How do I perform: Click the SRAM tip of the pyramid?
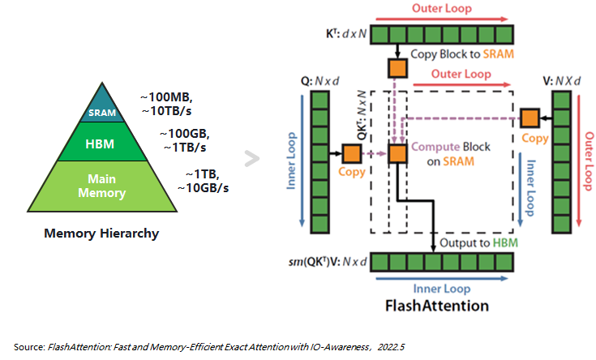tap(102, 112)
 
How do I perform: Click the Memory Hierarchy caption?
tap(101, 234)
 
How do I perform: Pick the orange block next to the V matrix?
tap(531, 118)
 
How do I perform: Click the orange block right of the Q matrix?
tap(351, 153)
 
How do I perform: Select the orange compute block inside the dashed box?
tap(398, 153)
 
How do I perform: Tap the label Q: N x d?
tap(317, 81)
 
